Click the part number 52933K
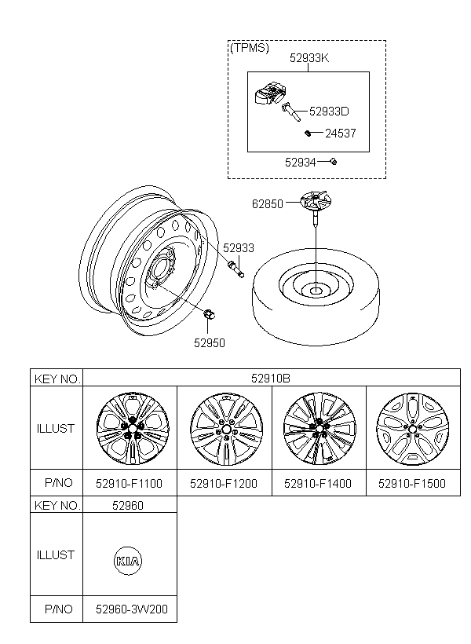pos(309,58)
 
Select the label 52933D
pos(329,112)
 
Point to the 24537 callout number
pos(341,133)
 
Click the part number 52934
pos(300,163)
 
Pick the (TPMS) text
pos(250,48)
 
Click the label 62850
pos(268,203)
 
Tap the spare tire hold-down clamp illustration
pos(316,207)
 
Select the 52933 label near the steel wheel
pos(239,248)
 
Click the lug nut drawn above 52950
pos(210,314)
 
